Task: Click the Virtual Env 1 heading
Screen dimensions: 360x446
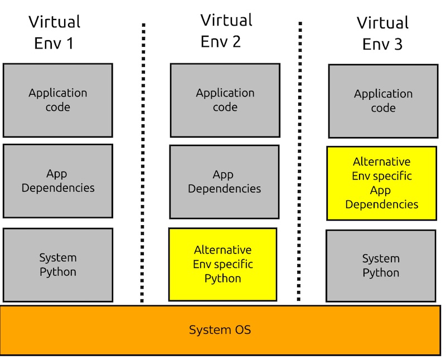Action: (x=55, y=32)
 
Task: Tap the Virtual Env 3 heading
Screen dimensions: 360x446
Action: (x=382, y=33)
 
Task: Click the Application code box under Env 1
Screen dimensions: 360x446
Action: (x=58, y=100)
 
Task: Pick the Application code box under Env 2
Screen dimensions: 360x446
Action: (x=225, y=100)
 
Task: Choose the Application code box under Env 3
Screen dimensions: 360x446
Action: (x=383, y=101)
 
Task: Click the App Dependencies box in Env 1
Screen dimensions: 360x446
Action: (x=58, y=181)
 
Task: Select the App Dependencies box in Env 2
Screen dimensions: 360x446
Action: (x=224, y=182)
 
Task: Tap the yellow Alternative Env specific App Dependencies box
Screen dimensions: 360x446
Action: (x=382, y=183)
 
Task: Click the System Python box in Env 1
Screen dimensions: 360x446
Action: (x=58, y=265)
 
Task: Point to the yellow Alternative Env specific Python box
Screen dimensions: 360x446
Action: (x=222, y=264)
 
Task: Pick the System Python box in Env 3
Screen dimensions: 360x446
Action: (x=381, y=266)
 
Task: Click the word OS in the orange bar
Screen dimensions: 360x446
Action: (x=242, y=330)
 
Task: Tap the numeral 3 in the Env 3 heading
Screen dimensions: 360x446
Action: (x=397, y=45)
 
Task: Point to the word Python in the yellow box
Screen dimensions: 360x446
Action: (x=222, y=279)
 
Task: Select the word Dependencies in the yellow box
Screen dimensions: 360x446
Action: (x=382, y=204)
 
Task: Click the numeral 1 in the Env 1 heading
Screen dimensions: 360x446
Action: (x=70, y=43)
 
